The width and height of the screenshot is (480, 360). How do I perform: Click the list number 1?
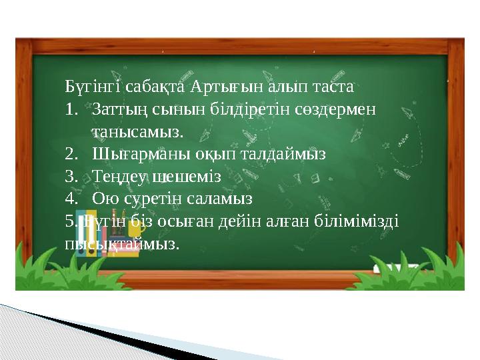click(x=72, y=109)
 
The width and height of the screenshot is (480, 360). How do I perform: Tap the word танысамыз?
click(x=137, y=131)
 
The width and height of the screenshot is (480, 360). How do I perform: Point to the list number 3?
click(x=72, y=177)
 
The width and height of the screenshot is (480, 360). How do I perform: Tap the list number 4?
click(x=72, y=199)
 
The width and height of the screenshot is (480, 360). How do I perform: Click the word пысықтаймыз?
click(x=123, y=243)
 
